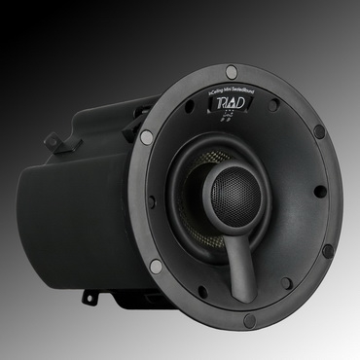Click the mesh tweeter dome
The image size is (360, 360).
pos(230,185)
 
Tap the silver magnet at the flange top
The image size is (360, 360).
pos(231,71)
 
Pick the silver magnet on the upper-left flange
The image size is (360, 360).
pos(146,138)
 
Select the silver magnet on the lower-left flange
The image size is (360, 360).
pos(156,266)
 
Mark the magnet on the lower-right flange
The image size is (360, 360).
pos(327,251)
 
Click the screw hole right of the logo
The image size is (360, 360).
pos(273,104)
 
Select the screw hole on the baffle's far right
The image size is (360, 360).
pos(320,192)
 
